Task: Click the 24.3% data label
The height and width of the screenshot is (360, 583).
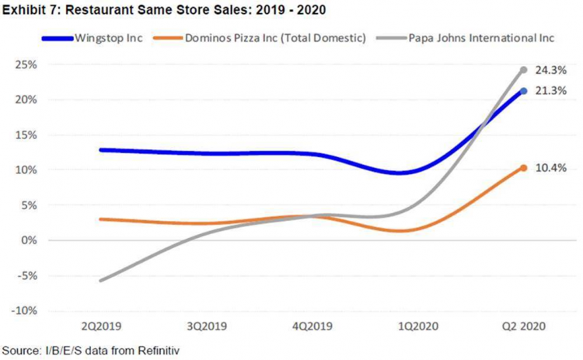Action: [550, 70]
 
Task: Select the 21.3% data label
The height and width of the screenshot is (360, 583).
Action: [550, 91]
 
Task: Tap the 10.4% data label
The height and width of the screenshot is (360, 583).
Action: [550, 168]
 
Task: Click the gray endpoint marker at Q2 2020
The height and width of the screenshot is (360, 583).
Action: [524, 70]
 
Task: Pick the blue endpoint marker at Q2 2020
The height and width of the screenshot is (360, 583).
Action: [524, 91]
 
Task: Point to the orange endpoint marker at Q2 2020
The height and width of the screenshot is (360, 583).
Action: [524, 168]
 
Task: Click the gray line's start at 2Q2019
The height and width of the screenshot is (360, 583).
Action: [100, 280]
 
